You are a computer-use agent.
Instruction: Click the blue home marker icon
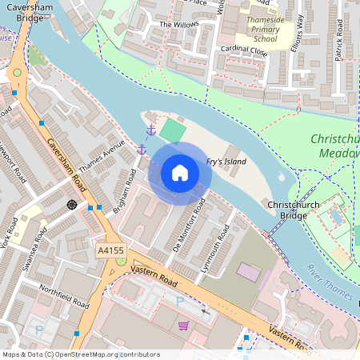point(180,172)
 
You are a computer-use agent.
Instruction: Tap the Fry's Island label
point(226,162)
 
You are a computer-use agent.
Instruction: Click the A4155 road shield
point(110,251)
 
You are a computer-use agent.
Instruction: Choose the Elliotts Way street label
point(297,31)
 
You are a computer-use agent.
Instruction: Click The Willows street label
point(178,25)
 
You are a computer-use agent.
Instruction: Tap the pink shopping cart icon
point(183,326)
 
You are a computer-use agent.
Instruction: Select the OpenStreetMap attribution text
point(80,354)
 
